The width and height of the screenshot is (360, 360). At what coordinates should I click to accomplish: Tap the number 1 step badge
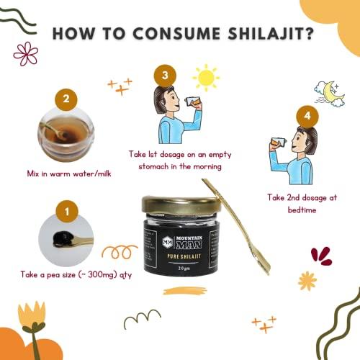(x=66, y=212)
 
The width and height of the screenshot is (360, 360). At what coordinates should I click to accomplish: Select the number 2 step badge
(x=66, y=100)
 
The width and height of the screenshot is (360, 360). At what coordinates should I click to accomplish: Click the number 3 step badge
(x=165, y=74)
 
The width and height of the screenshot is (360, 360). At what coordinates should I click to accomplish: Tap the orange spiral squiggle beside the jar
(x=119, y=252)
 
